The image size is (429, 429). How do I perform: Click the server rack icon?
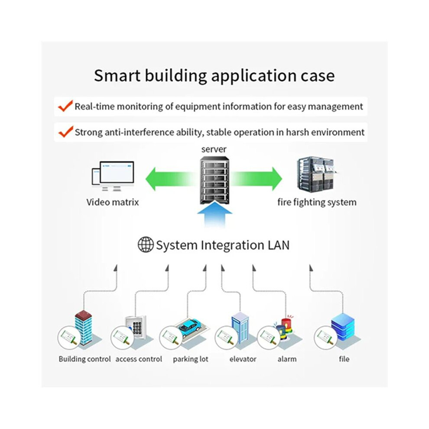(x=215, y=180)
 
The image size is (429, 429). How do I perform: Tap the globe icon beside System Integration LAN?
(x=145, y=244)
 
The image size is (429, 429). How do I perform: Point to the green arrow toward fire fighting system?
(x=256, y=179)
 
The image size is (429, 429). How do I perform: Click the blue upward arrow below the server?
(x=215, y=214)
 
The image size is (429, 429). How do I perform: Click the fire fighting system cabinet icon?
(x=316, y=173)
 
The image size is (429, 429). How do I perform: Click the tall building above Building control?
(x=84, y=328)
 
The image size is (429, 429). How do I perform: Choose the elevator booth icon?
(x=240, y=328)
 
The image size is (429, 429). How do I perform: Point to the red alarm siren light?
(x=287, y=325)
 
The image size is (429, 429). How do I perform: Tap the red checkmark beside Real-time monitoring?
(x=66, y=106)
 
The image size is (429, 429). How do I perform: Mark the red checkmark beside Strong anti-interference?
(x=66, y=132)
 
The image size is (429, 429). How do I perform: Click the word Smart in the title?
(x=117, y=75)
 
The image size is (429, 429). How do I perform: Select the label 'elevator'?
(x=243, y=359)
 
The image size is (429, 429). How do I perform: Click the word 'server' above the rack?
(x=214, y=149)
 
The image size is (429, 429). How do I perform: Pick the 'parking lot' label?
(x=190, y=359)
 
